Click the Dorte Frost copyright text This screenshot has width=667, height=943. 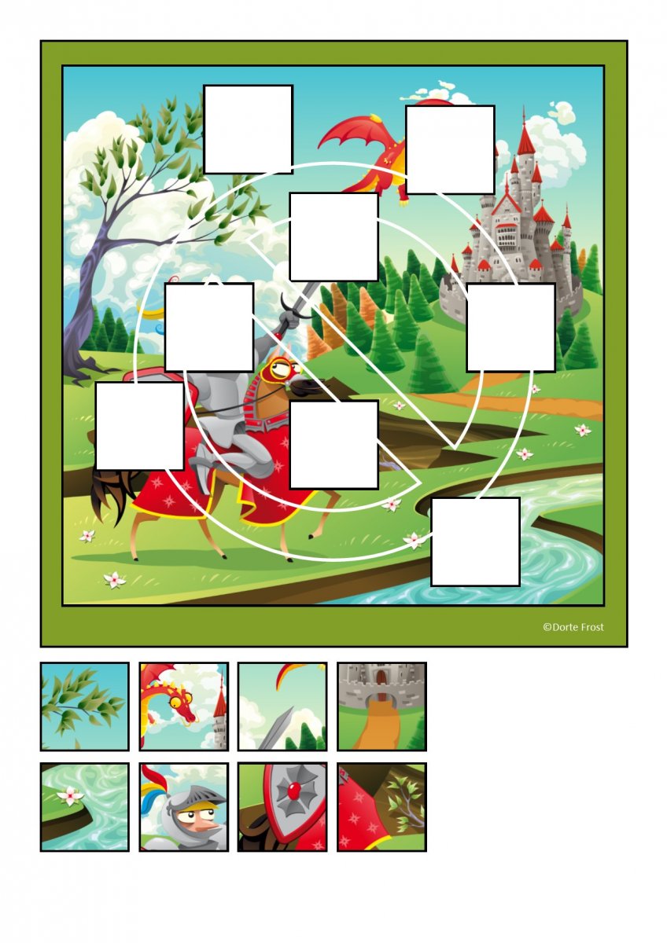click(x=573, y=639)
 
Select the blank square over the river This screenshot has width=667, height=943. click(x=475, y=541)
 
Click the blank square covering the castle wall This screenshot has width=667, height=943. click(x=510, y=328)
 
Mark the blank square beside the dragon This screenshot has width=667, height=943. click(x=450, y=150)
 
